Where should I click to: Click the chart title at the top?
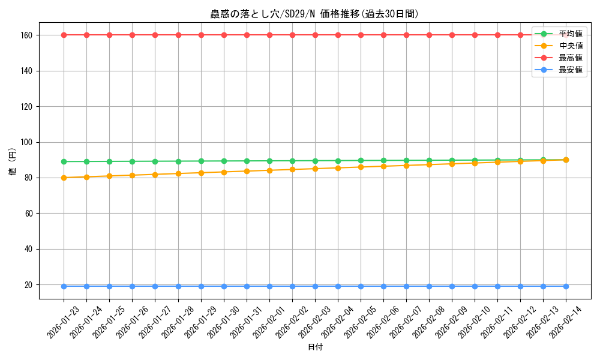[x=314, y=14]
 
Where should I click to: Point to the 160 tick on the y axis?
[x=28, y=35]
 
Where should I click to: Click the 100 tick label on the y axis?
[x=28, y=142]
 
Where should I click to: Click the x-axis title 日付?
[x=315, y=347]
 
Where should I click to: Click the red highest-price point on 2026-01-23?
[x=64, y=35]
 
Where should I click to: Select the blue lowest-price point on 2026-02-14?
[x=566, y=286]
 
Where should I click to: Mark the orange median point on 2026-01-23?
[x=64, y=178]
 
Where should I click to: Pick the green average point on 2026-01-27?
[x=155, y=161]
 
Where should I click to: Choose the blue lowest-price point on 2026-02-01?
[x=269, y=286]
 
